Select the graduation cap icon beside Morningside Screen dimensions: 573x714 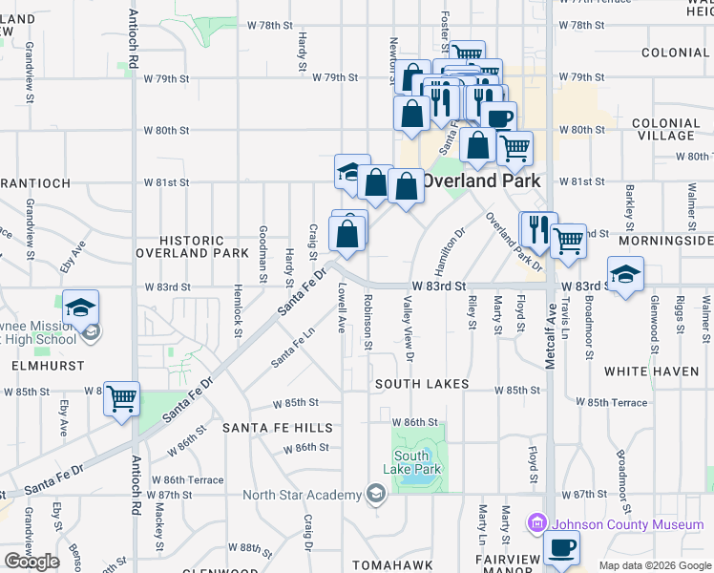(625, 275)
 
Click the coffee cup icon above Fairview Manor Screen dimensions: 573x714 (561, 548)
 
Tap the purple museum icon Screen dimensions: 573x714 (536, 524)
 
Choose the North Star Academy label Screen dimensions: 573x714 (301, 494)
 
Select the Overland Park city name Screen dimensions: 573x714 (481, 180)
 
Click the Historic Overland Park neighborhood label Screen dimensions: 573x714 (192, 247)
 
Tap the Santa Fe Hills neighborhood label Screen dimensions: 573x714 (278, 428)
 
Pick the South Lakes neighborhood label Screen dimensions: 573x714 (421, 384)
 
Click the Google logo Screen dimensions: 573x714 (31, 562)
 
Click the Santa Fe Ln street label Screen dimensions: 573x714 (292, 349)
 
